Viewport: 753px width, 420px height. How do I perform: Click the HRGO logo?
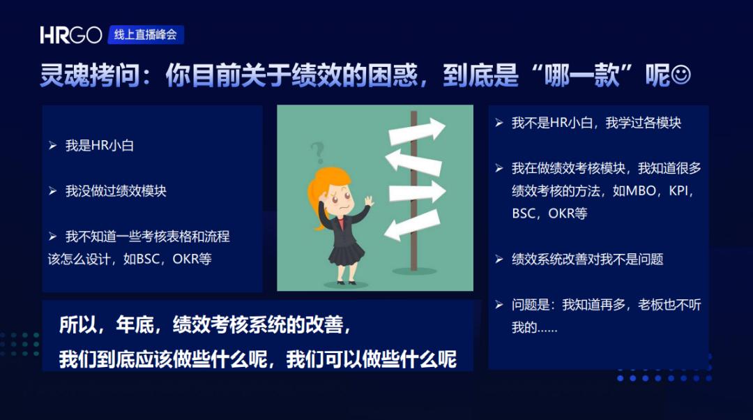coord(71,35)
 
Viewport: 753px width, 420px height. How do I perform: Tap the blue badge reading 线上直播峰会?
coord(146,35)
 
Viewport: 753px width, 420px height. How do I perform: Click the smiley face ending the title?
coord(680,75)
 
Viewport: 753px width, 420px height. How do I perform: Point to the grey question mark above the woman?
coord(318,153)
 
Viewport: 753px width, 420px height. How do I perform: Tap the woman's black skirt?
coord(347,254)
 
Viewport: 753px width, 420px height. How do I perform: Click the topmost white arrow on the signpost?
coord(416,131)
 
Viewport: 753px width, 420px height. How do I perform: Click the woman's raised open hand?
coord(368,200)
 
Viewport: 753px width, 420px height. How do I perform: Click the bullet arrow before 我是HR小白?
coord(53,145)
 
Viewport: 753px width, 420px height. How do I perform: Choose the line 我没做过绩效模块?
coord(116,190)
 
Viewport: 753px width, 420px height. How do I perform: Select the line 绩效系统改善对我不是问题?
coord(587,260)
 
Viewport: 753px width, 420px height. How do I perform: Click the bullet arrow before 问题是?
coord(499,305)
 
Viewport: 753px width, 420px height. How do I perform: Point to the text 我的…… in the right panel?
coord(535,327)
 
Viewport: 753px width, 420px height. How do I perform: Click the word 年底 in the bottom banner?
coord(135,325)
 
